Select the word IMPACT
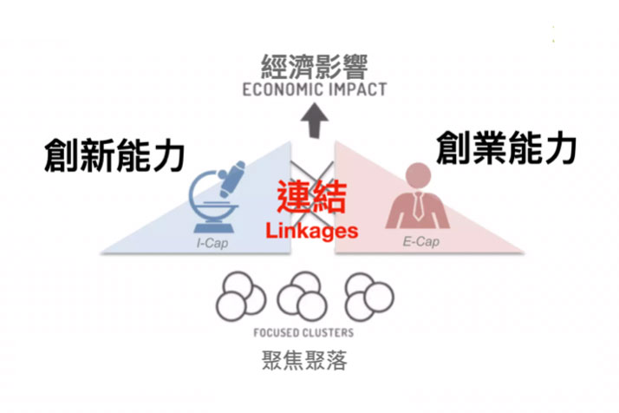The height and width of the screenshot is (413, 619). tap(355, 90)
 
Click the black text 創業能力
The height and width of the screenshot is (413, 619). tap(505, 147)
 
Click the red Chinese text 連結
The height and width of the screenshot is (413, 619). tap(312, 198)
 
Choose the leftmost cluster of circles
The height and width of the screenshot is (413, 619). tap(239, 295)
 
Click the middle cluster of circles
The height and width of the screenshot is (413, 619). tap(303, 295)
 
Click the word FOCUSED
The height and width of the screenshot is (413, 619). tap(279, 333)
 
